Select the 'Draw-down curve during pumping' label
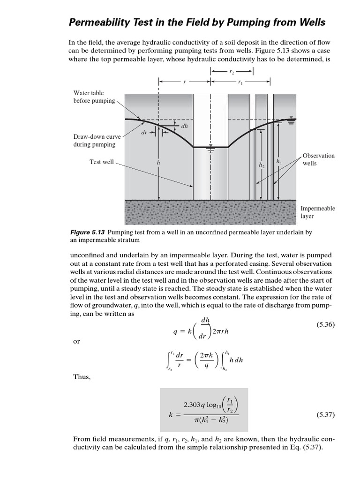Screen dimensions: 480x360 coord(97,141)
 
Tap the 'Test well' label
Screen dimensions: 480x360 coord(102,162)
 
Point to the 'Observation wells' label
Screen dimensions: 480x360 coord(318,159)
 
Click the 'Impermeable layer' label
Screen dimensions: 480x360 coord(318,212)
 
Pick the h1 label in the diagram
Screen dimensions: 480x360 coord(279,162)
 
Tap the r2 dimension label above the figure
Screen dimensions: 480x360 coord(232,71)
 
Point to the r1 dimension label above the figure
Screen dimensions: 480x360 coord(240,82)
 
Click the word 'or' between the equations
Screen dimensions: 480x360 coord(76,342)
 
